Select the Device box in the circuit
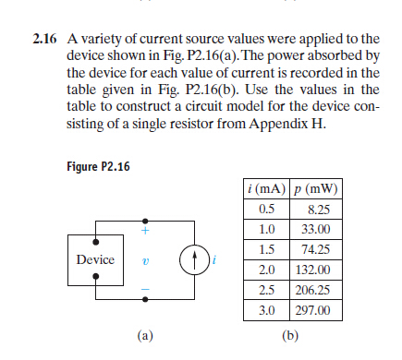[x=95, y=260]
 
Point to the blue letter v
[x=143, y=261]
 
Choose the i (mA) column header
[x=262, y=189]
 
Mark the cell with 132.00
[x=314, y=270]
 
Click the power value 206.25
[x=314, y=291]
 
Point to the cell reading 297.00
[x=314, y=311]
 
